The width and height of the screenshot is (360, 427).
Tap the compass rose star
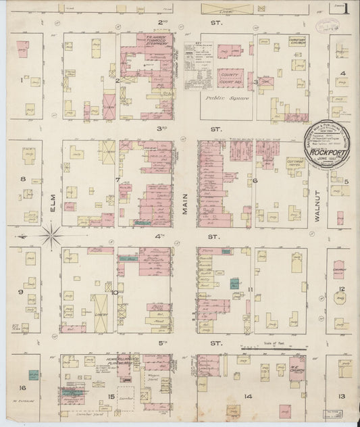tap(52, 236)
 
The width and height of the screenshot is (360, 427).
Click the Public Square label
tap(228, 98)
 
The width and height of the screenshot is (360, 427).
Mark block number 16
tap(23, 388)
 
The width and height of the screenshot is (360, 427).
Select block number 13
tap(342, 396)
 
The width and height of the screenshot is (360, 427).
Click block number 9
tap(22, 292)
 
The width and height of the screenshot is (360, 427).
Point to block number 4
tap(343, 73)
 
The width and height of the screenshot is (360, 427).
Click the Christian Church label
tap(298, 41)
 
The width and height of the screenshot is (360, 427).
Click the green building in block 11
tap(234, 284)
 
